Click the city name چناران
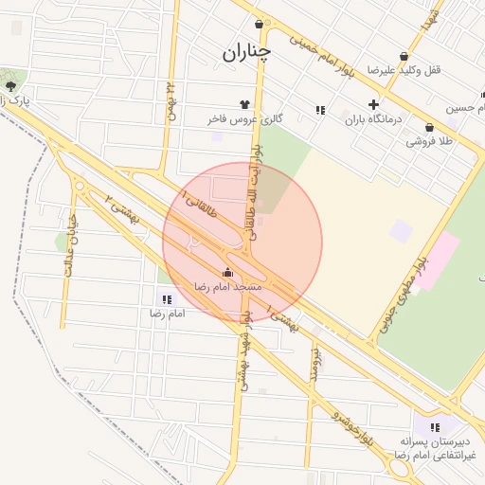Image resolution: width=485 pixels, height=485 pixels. pyautogui.click(x=246, y=53)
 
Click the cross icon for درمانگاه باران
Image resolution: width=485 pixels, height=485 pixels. pyautogui.click(x=373, y=105)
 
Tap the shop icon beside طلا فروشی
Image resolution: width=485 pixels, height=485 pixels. pyautogui.click(x=429, y=127)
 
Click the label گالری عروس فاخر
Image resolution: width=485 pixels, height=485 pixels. pyautogui.click(x=245, y=119)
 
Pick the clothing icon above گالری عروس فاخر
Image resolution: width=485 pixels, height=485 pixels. pyautogui.click(x=245, y=105)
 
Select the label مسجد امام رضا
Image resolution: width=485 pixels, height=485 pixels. pyautogui.click(x=227, y=285)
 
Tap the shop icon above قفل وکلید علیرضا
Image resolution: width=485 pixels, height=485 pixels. pyautogui.click(x=404, y=56)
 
